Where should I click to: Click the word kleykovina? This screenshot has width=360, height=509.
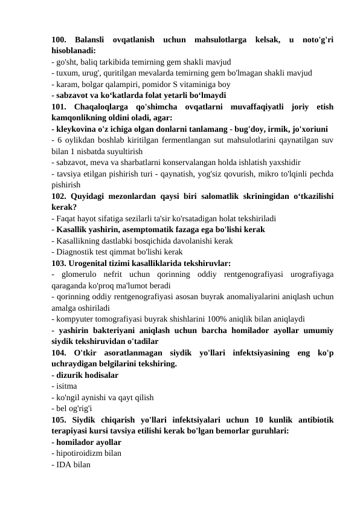pos(76,129)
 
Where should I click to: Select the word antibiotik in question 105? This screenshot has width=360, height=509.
pos(310,418)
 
